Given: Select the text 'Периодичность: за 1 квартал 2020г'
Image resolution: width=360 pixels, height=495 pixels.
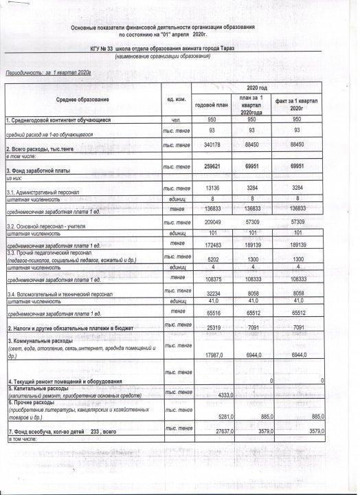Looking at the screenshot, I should pos(48,71).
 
